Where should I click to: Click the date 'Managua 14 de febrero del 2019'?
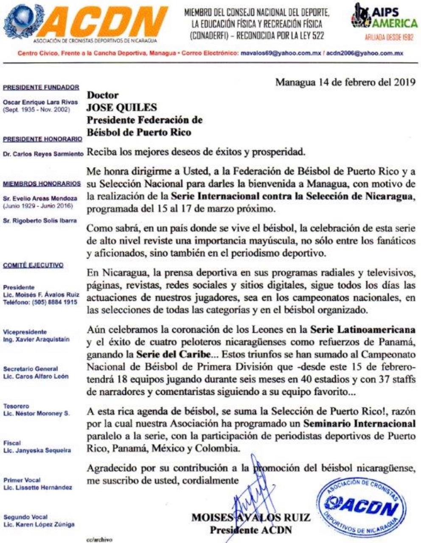[345, 82]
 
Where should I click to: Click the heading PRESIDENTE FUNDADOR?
[41, 87]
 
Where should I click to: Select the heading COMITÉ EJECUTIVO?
[33, 265]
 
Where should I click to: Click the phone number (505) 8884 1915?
[53, 302]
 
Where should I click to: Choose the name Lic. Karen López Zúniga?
[39, 524]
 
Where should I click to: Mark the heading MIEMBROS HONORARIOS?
[42, 184]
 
